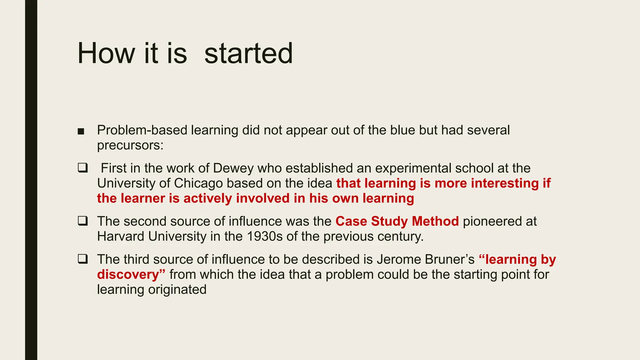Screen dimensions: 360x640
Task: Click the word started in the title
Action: click(248, 54)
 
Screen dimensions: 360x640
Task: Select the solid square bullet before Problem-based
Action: click(81, 131)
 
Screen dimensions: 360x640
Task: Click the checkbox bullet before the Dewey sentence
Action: click(82, 168)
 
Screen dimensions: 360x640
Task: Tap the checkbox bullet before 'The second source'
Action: click(82, 221)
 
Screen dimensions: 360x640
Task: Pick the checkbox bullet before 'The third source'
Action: click(82, 259)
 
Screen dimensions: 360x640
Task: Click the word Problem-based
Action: click(142, 130)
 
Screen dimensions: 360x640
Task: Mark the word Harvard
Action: click(121, 237)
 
